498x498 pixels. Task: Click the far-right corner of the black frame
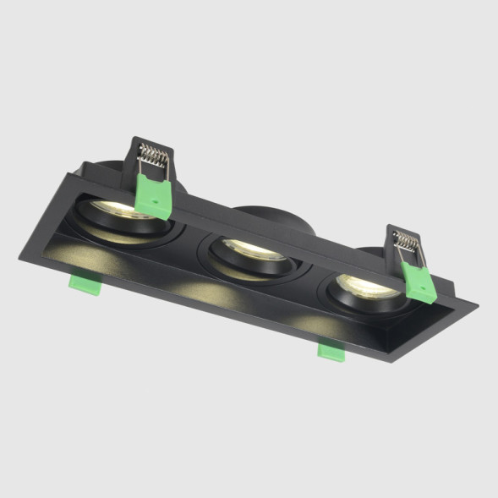(x=475, y=302)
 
